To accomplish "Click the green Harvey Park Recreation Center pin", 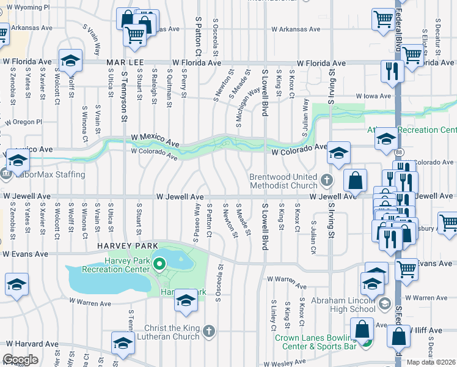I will tap(159, 265).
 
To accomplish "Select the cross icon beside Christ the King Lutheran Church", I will tap(209, 332).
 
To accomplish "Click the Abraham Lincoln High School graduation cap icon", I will tap(384, 303).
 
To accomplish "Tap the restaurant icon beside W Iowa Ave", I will tap(390, 71).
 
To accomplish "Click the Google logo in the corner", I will tap(20, 360).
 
